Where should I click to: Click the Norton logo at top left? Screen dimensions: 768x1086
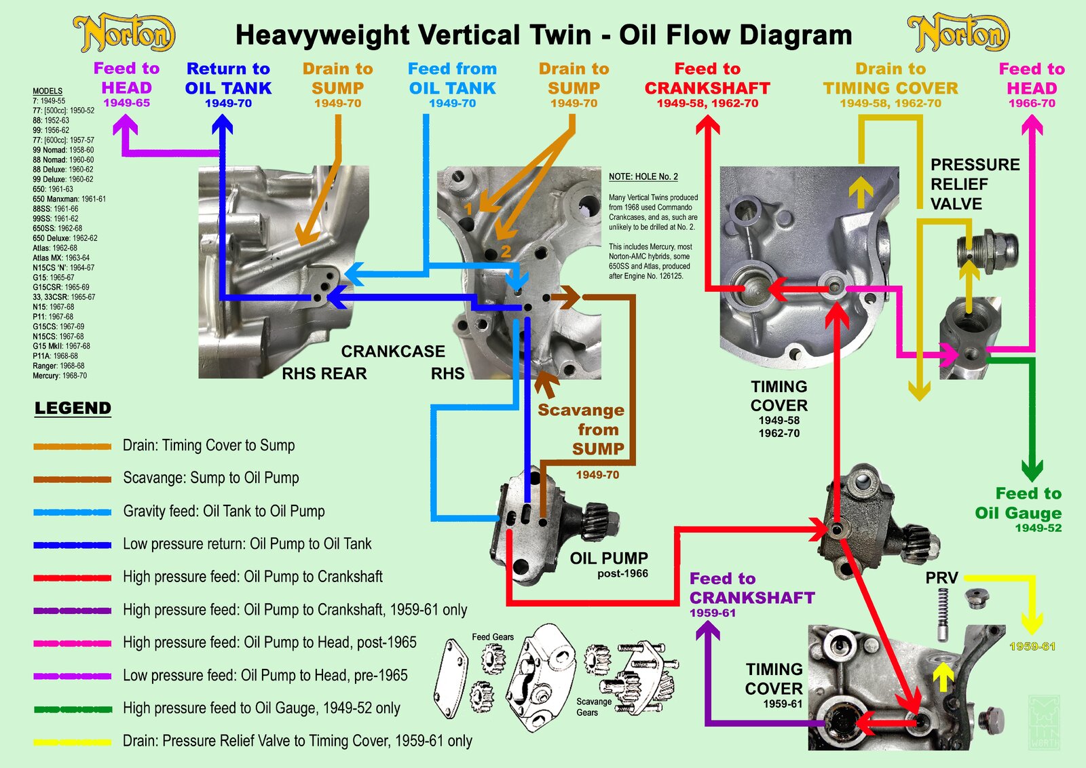click(x=124, y=34)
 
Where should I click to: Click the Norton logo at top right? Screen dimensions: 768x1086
click(x=958, y=34)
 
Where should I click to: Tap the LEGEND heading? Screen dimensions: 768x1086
click(x=73, y=408)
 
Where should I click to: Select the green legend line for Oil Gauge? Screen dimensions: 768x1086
click(x=73, y=709)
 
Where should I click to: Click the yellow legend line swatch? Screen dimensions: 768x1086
click(x=73, y=742)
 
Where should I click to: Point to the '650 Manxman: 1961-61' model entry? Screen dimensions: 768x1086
click(x=69, y=199)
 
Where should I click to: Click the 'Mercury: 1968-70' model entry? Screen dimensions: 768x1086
click(x=60, y=376)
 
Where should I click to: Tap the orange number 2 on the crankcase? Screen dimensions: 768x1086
click(x=506, y=252)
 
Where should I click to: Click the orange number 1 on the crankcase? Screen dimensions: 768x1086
click(x=468, y=209)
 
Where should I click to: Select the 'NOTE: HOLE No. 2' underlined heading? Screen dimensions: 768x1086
click(x=643, y=177)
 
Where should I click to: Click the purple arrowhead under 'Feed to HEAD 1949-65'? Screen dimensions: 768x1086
click(x=125, y=126)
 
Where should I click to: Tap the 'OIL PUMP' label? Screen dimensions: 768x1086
click(x=609, y=558)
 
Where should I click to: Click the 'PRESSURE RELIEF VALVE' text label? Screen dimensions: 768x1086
click(x=974, y=185)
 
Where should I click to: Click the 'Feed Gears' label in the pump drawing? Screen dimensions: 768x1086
click(x=493, y=637)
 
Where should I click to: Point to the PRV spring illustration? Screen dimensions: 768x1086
click(x=943, y=613)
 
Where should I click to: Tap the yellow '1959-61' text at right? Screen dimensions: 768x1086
click(x=1032, y=647)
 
